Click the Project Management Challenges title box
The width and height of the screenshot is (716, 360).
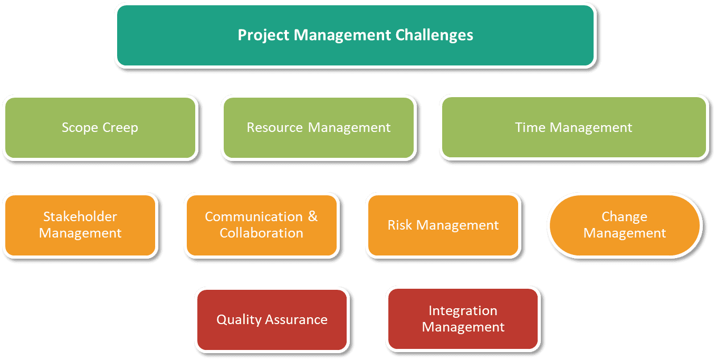pos(355,35)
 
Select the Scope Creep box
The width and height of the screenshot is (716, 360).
pos(100,127)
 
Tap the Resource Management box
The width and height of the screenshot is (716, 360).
pos(318,127)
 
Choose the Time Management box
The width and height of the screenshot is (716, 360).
pos(574,127)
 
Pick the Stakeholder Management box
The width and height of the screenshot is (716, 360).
pos(80,225)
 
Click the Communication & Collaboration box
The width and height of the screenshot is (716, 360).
pos(261,225)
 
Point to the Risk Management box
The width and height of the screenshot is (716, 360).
pos(443,225)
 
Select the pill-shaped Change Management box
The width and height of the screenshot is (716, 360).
pos(625,225)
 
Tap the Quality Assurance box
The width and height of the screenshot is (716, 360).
pos(272,319)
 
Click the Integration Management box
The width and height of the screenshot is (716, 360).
pos(463,319)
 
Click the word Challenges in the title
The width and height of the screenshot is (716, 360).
pos(441,35)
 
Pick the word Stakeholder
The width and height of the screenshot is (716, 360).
pos(80,217)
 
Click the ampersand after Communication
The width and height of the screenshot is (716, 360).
pos(313,217)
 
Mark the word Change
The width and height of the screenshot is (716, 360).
pos(624,217)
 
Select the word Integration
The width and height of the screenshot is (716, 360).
pos(463,311)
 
